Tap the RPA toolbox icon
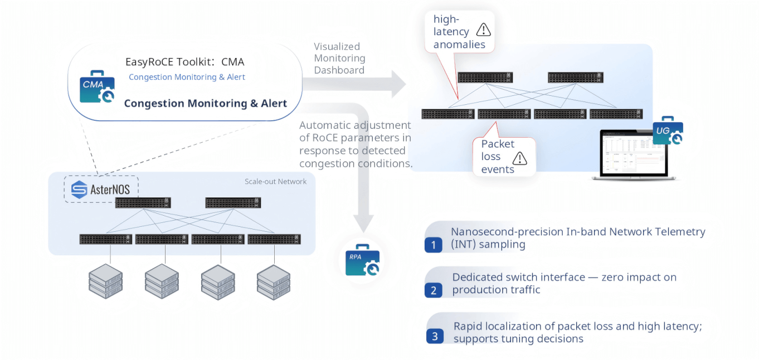(362, 260)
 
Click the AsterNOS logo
(101, 189)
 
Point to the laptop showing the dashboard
(634, 155)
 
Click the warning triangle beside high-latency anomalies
(483, 30)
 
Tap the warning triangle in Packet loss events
(519, 158)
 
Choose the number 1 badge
(433, 245)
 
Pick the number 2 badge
(434, 290)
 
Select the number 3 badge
(435, 336)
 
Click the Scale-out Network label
(275, 182)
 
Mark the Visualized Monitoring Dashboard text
(339, 58)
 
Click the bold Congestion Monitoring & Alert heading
(205, 103)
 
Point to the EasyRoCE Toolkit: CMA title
(184, 62)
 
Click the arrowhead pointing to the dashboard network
(397, 84)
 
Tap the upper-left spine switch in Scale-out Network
(143, 203)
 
